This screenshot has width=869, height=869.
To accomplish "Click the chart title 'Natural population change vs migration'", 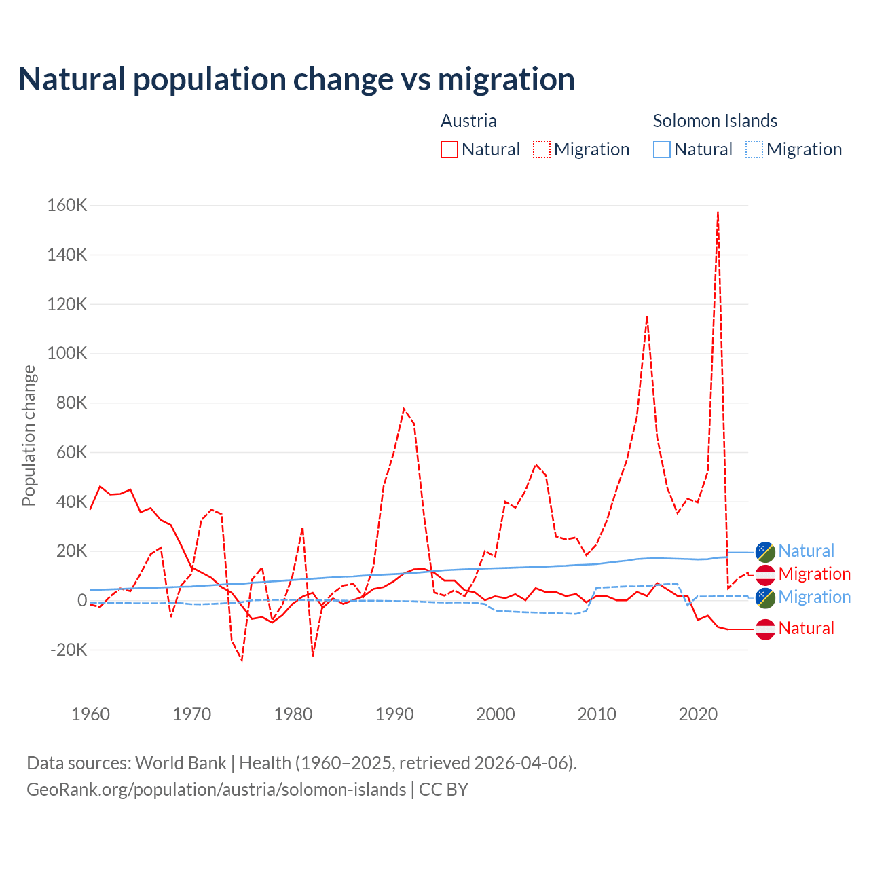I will pyautogui.click(x=297, y=79).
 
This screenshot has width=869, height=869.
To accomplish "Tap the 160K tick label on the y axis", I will pyautogui.click(x=67, y=205).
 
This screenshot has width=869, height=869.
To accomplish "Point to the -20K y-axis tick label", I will pyautogui.click(x=69, y=650).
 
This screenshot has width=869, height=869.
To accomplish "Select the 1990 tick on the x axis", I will pyautogui.click(x=394, y=714).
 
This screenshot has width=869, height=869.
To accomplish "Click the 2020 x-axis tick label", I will pyautogui.click(x=698, y=714).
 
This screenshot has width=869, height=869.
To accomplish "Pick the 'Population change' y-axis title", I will pyautogui.click(x=29, y=435).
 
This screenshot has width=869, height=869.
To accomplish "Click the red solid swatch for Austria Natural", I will pyautogui.click(x=449, y=149).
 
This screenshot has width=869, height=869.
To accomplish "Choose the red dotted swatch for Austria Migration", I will pyautogui.click(x=542, y=149).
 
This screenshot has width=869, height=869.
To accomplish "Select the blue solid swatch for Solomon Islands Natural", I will pyautogui.click(x=662, y=149).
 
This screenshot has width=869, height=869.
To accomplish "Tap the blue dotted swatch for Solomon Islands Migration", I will pyautogui.click(x=754, y=149).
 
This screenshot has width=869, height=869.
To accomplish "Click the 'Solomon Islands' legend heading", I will pyautogui.click(x=715, y=121).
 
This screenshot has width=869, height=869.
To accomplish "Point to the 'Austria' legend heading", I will pyautogui.click(x=468, y=121).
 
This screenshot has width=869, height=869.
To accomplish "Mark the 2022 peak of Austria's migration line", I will pyautogui.click(x=718, y=212).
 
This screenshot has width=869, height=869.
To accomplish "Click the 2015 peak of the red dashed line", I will pyautogui.click(x=647, y=316).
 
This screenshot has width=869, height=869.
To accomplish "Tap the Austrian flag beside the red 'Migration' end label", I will pyautogui.click(x=765, y=574).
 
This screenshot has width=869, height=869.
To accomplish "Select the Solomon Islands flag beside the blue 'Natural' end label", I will pyautogui.click(x=765, y=551).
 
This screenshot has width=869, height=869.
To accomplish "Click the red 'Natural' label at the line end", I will pyautogui.click(x=806, y=629).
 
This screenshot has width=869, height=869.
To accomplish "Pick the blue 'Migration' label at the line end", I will pyautogui.click(x=814, y=597).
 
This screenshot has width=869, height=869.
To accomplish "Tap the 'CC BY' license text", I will pyautogui.click(x=443, y=790).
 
